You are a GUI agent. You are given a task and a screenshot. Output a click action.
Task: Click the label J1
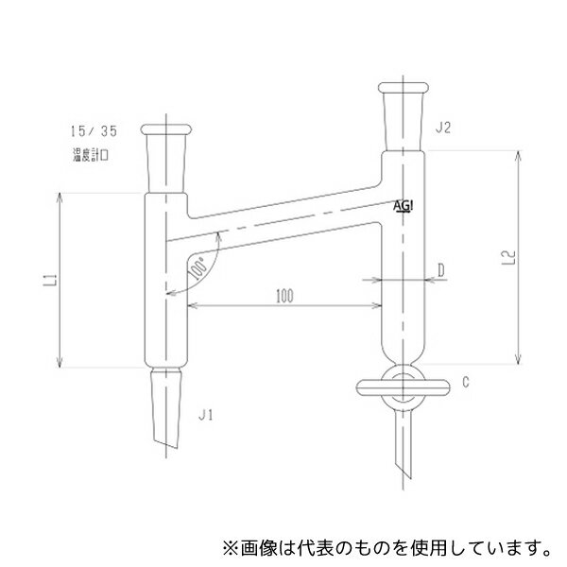pos(207,414)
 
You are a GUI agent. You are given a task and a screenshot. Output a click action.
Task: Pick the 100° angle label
pos(197,270)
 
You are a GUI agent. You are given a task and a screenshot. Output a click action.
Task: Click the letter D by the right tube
pos(441,269)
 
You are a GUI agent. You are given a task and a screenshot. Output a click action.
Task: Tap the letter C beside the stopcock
pos(467,383)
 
